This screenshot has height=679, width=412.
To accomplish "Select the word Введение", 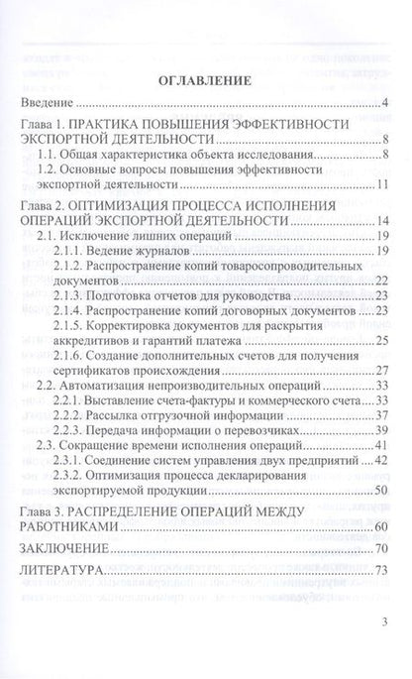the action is coord(50,103).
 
